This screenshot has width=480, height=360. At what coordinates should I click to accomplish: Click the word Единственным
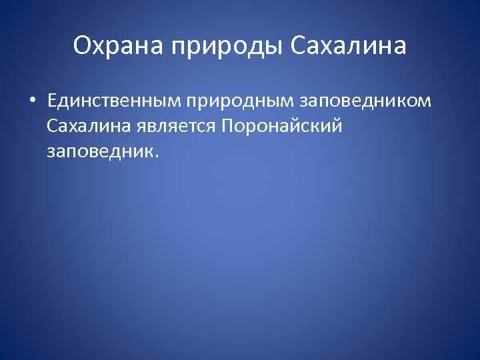[x=115, y=102]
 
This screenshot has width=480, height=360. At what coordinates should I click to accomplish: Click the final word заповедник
[x=100, y=151]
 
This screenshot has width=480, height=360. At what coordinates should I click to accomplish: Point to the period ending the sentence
[x=157, y=157]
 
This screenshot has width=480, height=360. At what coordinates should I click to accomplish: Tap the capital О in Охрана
[x=82, y=46]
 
